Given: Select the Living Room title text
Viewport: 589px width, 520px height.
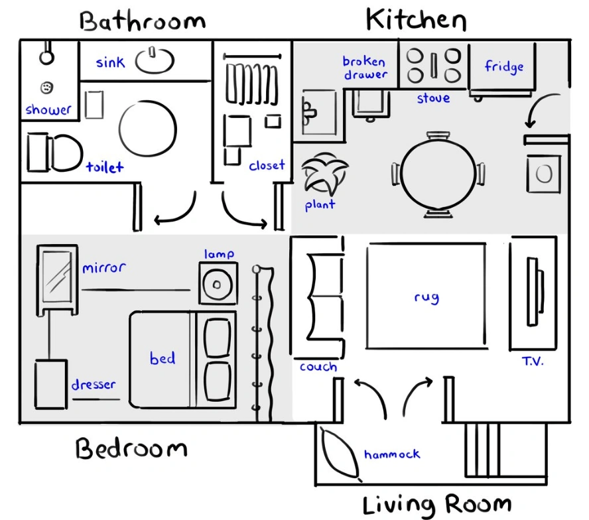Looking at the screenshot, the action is [437, 505].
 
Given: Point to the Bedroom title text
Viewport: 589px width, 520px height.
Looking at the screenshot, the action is [131, 449].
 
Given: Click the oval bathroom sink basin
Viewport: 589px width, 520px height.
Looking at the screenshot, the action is [155, 60].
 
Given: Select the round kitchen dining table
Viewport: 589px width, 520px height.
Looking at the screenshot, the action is [438, 174].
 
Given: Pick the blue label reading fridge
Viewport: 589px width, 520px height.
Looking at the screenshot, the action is [503, 66].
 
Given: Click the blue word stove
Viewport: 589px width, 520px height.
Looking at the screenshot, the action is [433, 98].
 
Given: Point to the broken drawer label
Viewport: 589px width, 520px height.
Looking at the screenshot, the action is [364, 68].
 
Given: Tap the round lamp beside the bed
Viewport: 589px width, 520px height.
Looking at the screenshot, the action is [218, 285].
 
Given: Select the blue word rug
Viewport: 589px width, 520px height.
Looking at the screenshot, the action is [426, 296].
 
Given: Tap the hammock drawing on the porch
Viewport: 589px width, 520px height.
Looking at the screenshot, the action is [339, 454].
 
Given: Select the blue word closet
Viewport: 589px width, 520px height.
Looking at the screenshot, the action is [267, 165].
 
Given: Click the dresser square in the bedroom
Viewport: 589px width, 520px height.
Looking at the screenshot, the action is [51, 383].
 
